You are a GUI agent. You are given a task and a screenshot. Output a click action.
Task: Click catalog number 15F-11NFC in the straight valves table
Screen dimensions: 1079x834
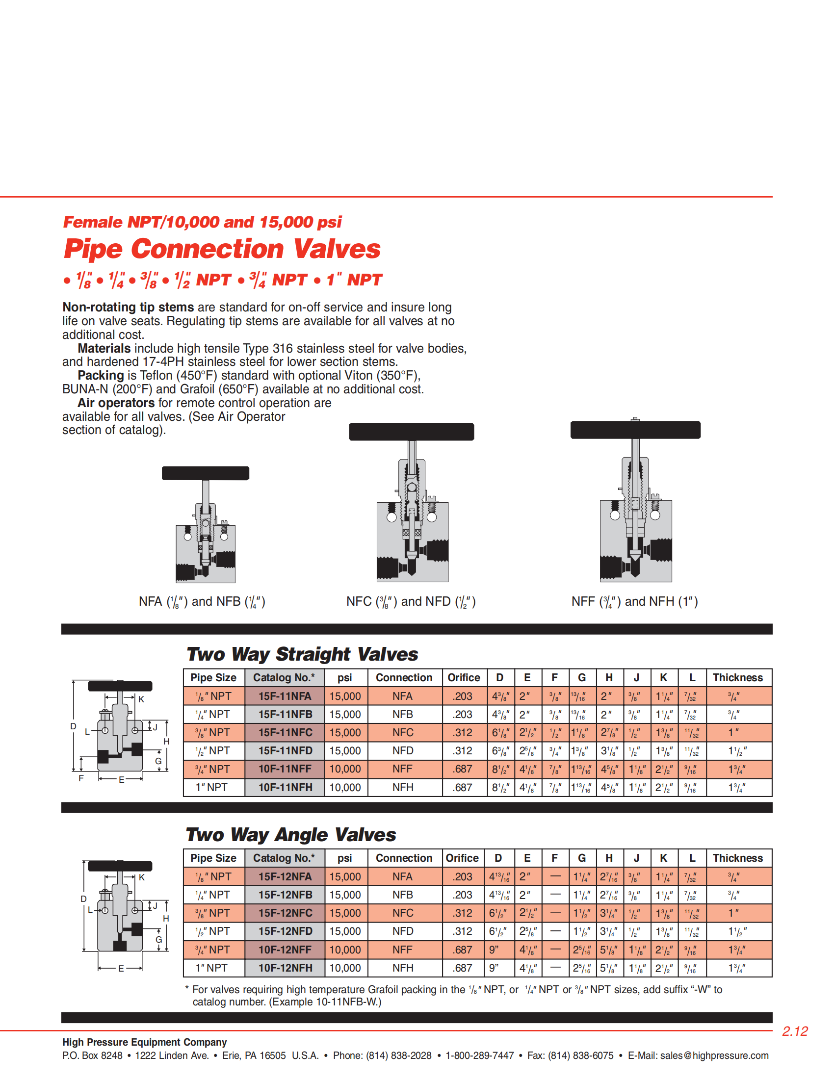[x=285, y=733]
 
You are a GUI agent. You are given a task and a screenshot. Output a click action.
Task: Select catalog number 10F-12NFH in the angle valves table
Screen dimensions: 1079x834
[x=285, y=968]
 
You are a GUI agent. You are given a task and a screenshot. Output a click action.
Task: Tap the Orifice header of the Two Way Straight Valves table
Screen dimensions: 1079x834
[x=464, y=677]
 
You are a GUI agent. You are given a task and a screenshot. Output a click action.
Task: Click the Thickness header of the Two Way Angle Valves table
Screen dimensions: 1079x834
[x=738, y=858]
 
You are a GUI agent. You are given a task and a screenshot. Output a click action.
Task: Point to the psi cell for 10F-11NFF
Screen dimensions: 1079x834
[x=345, y=769]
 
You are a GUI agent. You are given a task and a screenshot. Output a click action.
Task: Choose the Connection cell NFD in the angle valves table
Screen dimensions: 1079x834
[x=403, y=931]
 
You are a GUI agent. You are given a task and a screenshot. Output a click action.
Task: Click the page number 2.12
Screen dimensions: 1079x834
[x=794, y=1031]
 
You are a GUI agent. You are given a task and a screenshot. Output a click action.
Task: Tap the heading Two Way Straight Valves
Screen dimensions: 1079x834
[x=302, y=654]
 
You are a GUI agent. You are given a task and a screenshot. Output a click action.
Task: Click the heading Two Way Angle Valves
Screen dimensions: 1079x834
[x=290, y=834]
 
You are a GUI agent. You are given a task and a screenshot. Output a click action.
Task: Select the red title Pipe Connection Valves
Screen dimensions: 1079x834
[x=222, y=249]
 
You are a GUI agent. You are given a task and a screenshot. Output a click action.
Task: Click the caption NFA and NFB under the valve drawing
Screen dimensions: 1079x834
[x=202, y=601]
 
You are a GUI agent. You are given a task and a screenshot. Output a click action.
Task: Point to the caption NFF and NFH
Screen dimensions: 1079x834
[x=634, y=601]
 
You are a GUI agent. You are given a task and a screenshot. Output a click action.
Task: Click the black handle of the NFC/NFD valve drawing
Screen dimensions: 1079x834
[x=411, y=431]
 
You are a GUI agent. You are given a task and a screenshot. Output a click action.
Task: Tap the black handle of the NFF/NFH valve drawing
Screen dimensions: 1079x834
[x=635, y=430]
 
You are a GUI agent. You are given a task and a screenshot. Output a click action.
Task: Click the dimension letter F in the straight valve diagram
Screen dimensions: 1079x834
[x=81, y=778]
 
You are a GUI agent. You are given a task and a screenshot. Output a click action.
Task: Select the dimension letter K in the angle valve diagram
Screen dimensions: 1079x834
[x=142, y=877]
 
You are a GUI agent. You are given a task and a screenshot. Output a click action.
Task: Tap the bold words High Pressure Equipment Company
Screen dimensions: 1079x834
[x=144, y=1042]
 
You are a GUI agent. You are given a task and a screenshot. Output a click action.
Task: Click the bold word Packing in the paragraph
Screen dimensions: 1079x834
[x=100, y=376]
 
